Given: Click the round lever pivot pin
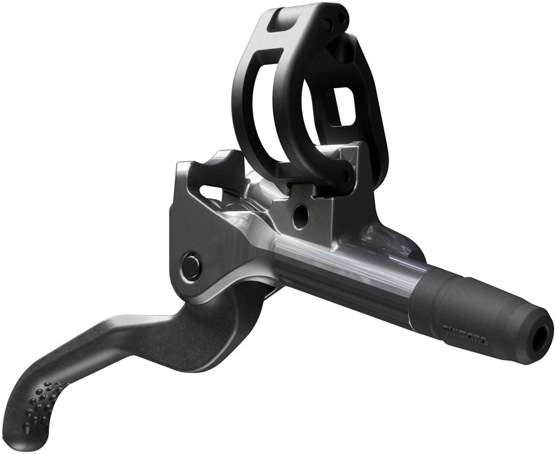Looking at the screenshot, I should pyautogui.click(x=191, y=266).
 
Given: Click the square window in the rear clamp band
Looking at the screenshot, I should pyautogui.click(x=341, y=104).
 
